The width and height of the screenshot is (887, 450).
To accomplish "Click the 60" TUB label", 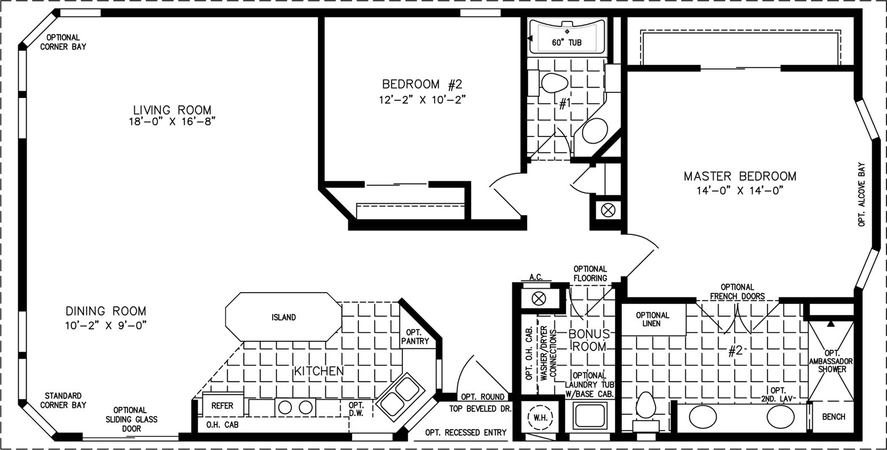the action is point(567,42).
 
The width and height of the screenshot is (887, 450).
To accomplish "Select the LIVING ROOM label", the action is point(172,110).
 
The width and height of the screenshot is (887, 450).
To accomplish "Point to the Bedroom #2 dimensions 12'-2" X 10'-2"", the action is point(422,99).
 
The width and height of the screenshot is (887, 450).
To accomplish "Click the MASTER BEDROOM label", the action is point(740,176).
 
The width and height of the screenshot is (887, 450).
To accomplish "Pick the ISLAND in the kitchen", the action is point(283,317).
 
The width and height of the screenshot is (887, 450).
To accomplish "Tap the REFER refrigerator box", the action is point(223,405).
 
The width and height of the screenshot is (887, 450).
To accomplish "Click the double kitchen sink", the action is point(397,397).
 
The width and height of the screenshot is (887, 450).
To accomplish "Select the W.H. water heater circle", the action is point(541,418).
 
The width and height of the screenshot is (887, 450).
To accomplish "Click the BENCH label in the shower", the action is point(834,417).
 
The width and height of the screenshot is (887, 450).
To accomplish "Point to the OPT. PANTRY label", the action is point(415,337).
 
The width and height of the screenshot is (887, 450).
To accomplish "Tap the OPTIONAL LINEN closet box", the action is point(653,319).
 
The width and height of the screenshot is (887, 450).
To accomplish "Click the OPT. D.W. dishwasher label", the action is point(356,409).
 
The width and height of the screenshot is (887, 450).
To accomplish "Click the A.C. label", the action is point(536,277).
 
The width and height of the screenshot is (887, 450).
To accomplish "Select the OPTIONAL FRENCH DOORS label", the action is point(737,292).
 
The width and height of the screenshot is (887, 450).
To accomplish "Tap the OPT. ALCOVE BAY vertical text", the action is point(861,194).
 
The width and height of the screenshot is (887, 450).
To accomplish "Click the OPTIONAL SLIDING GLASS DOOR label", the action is point(131,419).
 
